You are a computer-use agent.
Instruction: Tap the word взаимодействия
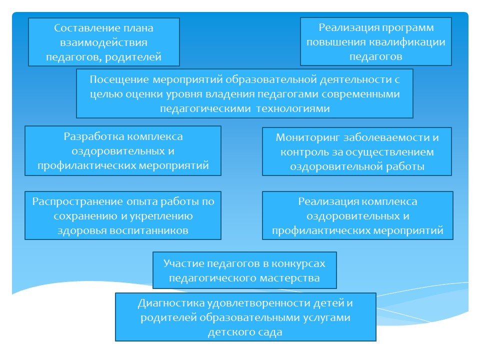tap(104, 42)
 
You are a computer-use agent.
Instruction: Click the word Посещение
tap(119, 80)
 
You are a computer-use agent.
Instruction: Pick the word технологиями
tap(293, 108)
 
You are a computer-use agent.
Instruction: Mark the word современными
tap(360, 94)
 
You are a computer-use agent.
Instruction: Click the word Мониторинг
tap(307, 138)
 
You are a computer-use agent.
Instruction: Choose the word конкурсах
tap(298, 264)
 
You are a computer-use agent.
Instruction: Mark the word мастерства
tap(289, 278)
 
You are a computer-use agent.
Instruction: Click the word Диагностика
tap(171, 303)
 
